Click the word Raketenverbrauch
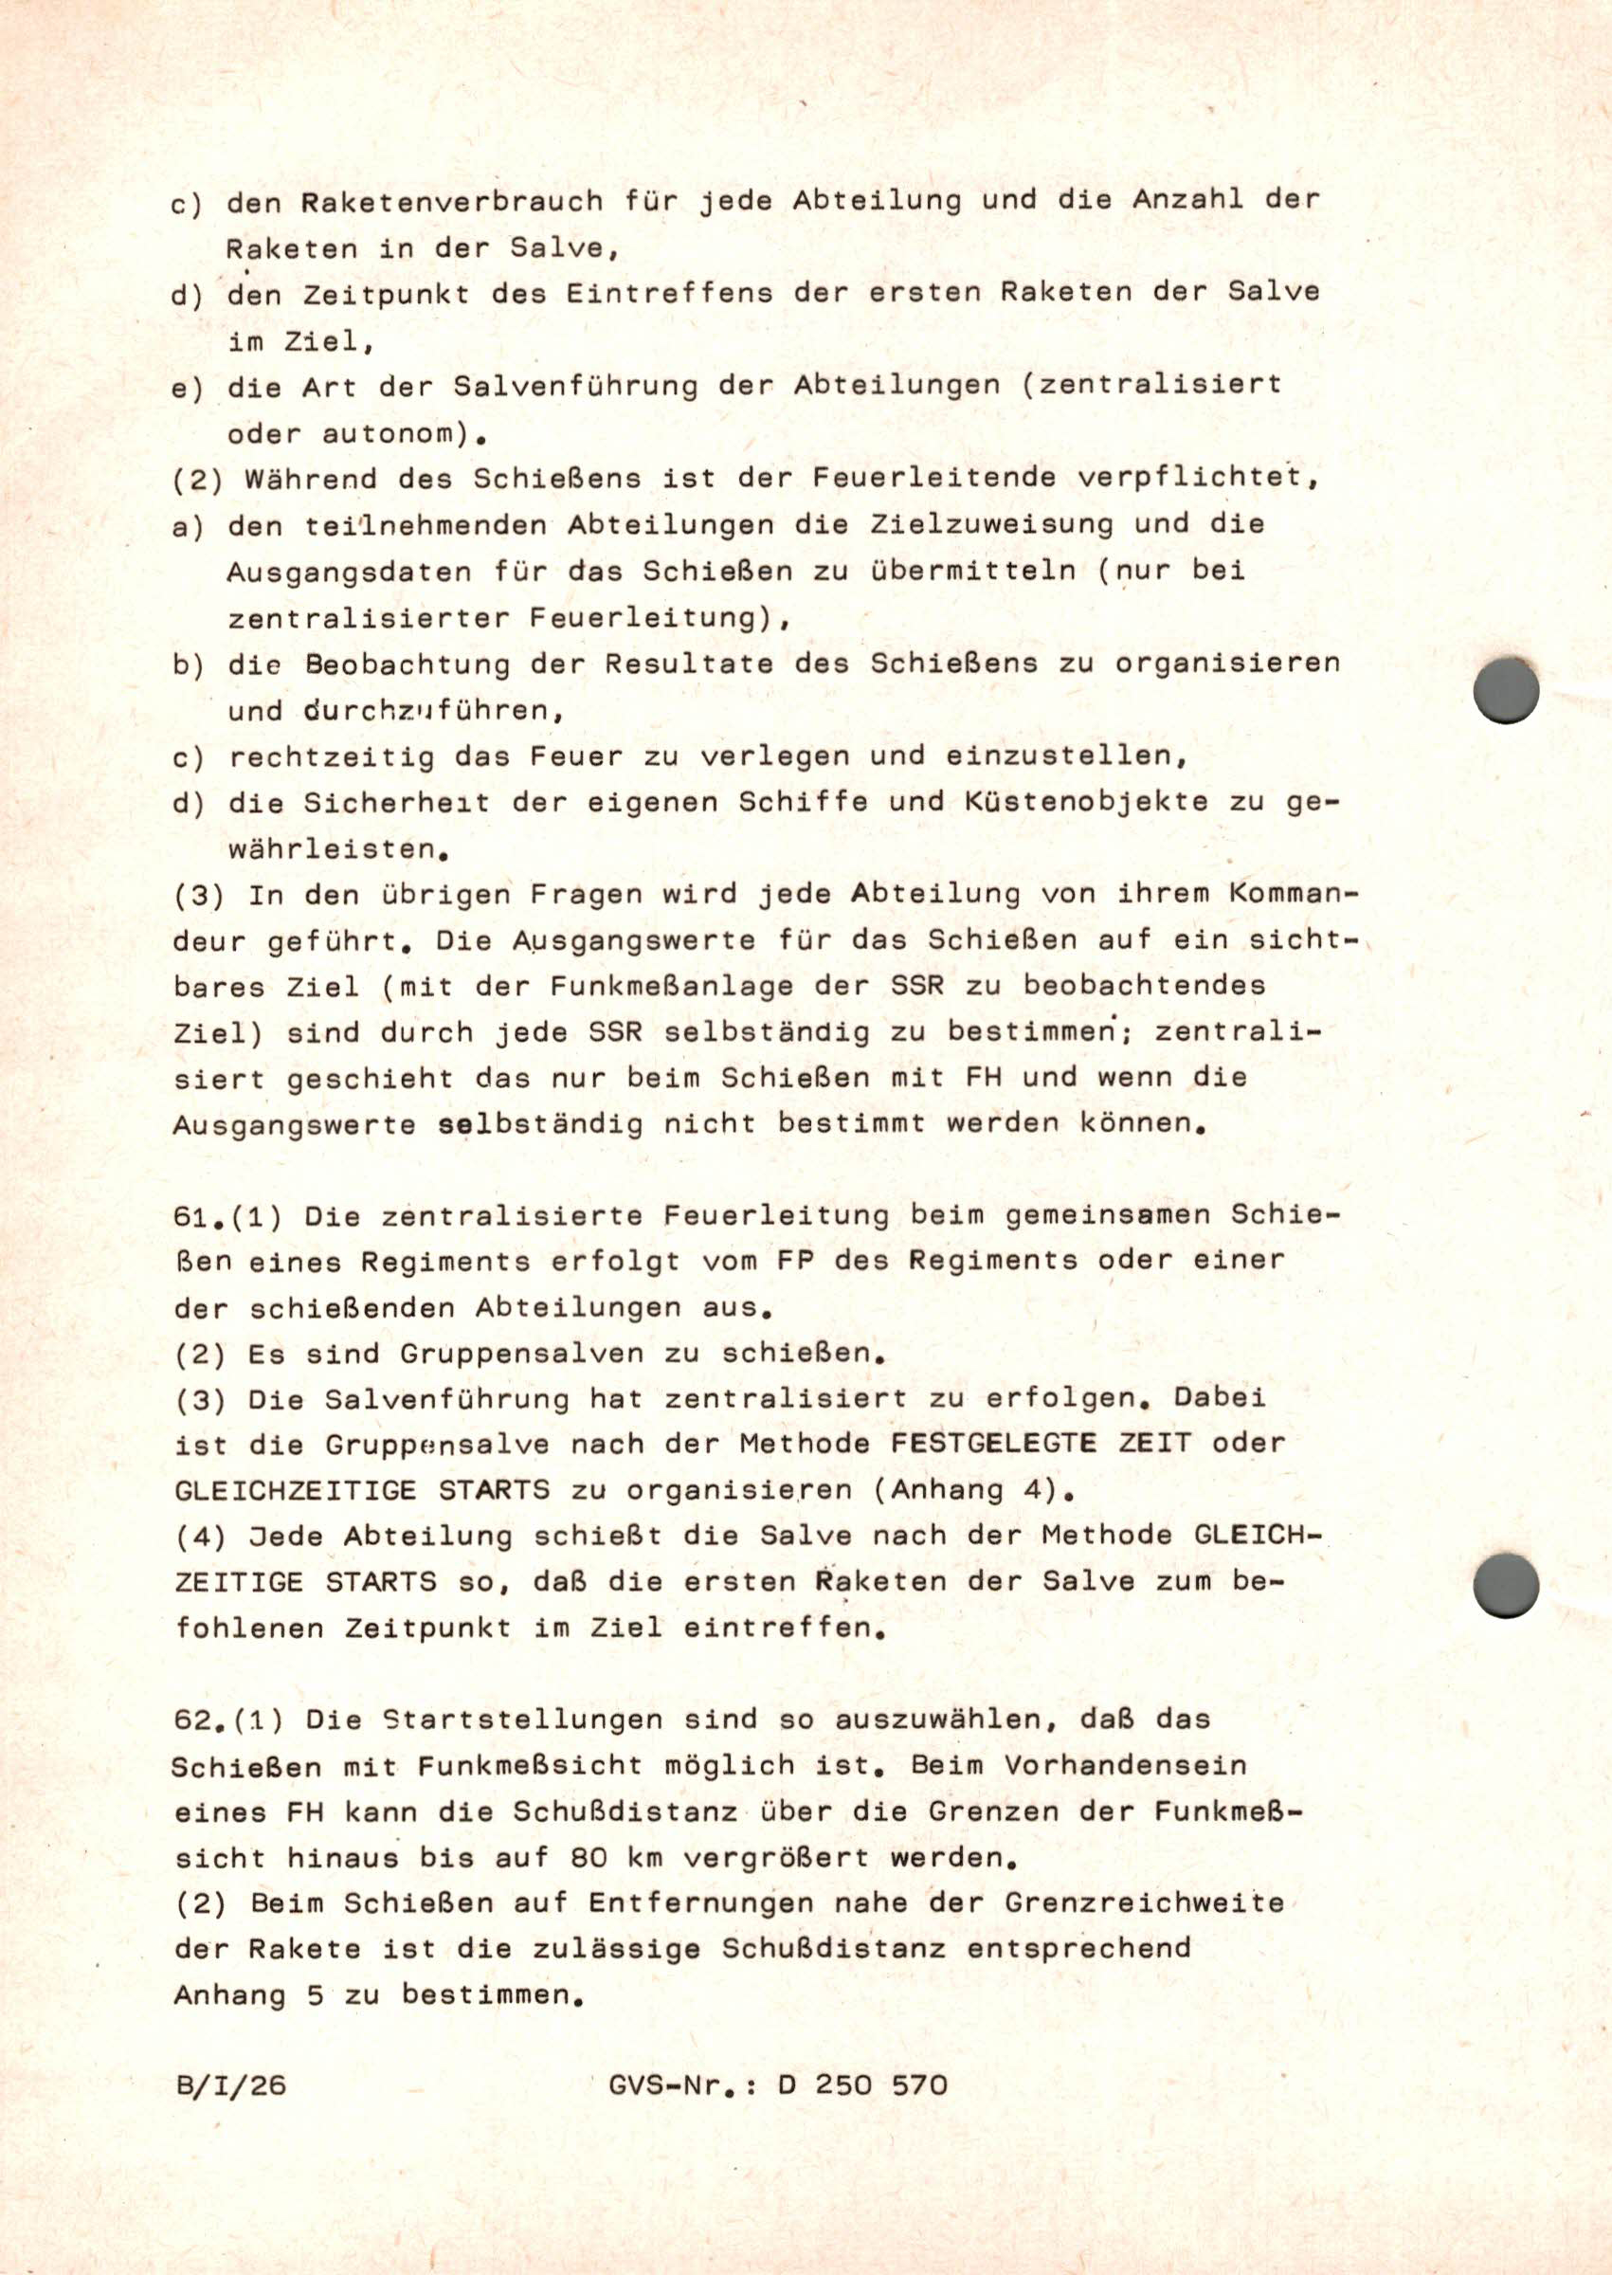pos(452,202)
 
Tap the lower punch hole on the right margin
pos(1506,1585)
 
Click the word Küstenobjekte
pos(1085,802)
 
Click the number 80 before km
pos(589,1857)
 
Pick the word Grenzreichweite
pos(1145,1903)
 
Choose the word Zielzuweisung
pos(991,524)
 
